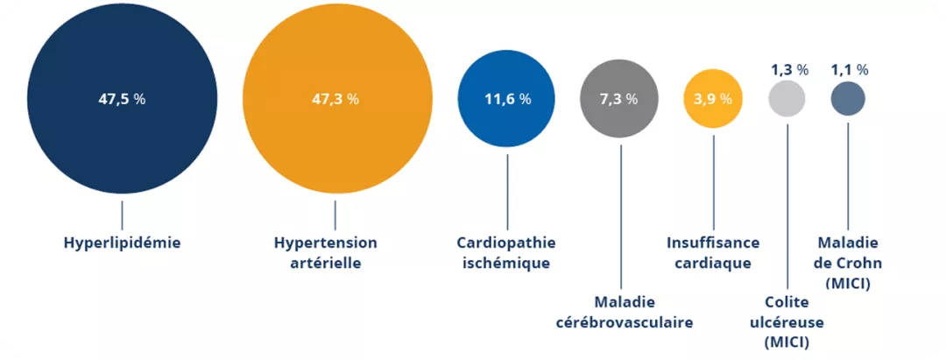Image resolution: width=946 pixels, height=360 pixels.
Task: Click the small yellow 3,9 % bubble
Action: [x=713, y=118]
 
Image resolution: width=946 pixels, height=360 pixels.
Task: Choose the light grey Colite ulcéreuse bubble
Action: [x=787, y=97]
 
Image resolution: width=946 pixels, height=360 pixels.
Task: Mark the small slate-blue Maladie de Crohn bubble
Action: [x=848, y=97]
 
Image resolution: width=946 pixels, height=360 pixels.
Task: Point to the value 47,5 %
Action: [x=122, y=99]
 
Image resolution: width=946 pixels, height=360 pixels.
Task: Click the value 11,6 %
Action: [x=507, y=99]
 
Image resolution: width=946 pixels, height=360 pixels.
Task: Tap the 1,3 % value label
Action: [x=788, y=69]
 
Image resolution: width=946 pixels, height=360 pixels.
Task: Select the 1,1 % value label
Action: [x=850, y=69]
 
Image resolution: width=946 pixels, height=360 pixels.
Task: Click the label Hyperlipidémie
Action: [x=122, y=243]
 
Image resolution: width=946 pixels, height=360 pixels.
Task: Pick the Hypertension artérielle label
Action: [x=325, y=252]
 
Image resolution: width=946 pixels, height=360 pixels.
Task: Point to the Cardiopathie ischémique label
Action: [x=506, y=252]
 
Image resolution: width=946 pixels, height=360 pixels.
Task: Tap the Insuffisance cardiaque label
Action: [x=713, y=252]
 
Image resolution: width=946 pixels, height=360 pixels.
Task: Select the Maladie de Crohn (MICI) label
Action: [x=848, y=262]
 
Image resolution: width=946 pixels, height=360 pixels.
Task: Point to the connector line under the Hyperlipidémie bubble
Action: [x=122, y=214]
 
